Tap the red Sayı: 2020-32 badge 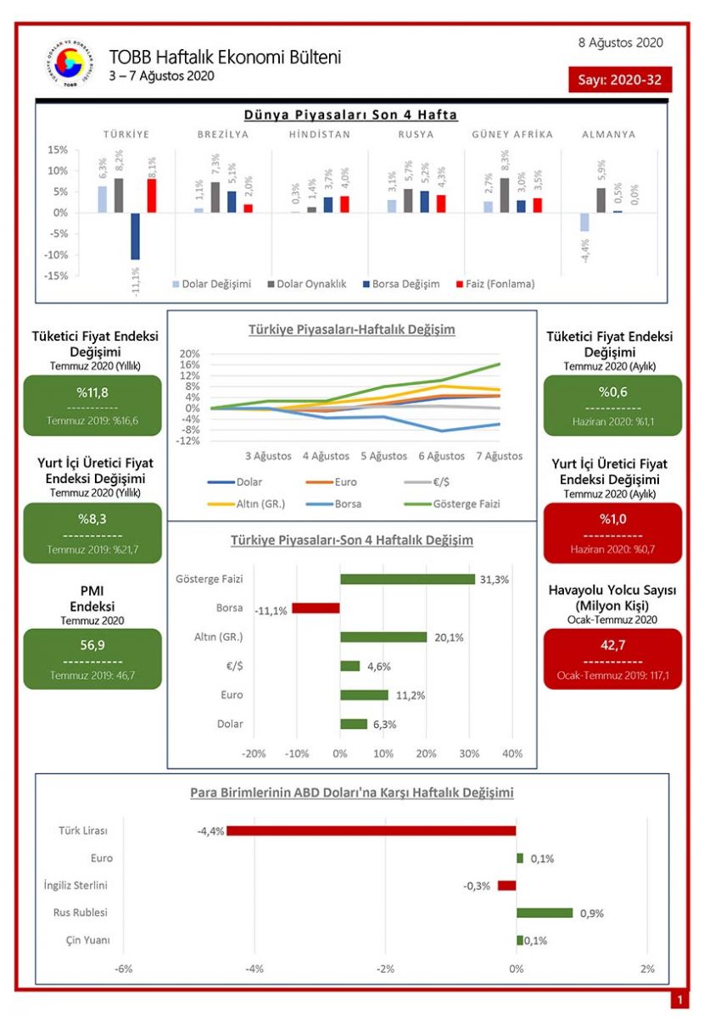tap(620, 80)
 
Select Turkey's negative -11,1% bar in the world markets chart tap(135, 236)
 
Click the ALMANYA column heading tap(608, 134)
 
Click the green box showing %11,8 tap(92, 405)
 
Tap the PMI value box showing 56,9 tap(92, 659)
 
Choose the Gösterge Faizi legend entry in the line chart tap(457, 503)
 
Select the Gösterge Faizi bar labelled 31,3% tap(407, 579)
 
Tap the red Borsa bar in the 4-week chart tap(316, 609)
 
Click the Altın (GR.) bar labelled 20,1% tap(383, 637)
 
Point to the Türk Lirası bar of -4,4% tap(372, 831)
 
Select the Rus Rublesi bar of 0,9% tap(545, 913)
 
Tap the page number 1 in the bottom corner tap(679, 1001)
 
